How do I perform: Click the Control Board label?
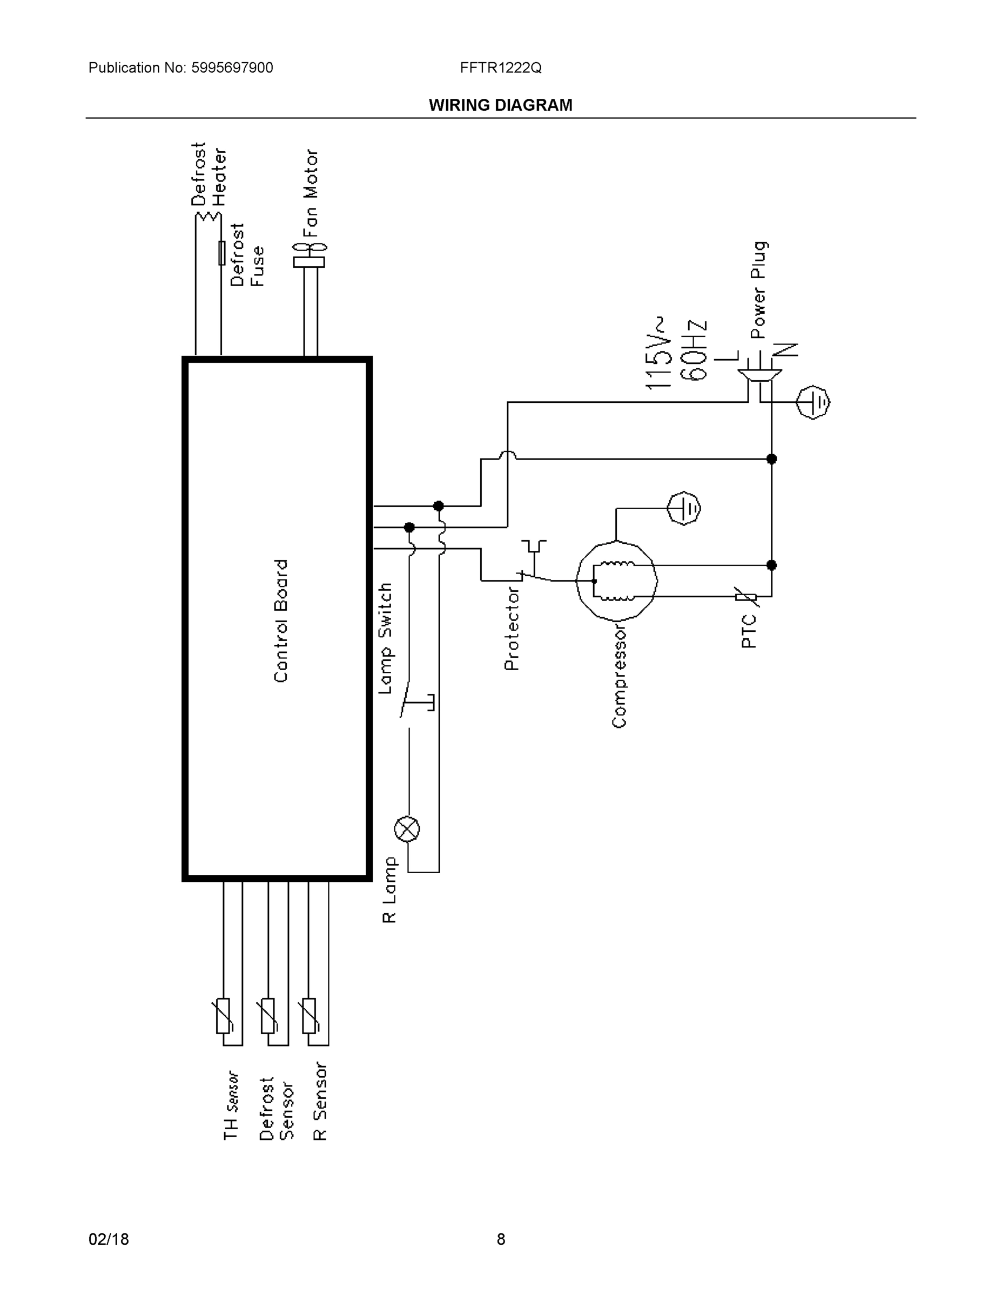pos(281,620)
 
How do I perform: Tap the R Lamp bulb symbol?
pos(407,829)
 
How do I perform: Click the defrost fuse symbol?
pos(221,253)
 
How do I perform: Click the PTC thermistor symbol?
pos(745,596)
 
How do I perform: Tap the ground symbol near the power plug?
pos(812,402)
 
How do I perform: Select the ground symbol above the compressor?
pos(684,508)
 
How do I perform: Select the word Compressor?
pos(619,676)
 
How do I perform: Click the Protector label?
pos(512,629)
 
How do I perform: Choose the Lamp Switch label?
pos(386,638)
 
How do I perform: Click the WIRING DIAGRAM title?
pos(500,105)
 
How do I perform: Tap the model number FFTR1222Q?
pos(500,67)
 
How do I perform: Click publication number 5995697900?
pos(232,67)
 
